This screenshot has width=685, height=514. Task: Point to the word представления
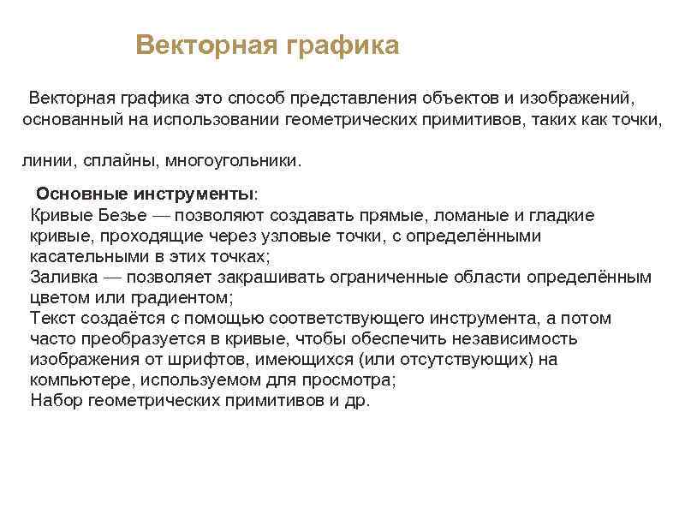pyautogui.click(x=366, y=98)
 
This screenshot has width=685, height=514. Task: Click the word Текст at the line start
pyautogui.click(x=53, y=319)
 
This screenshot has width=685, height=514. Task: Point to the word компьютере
pyautogui.click(x=80, y=380)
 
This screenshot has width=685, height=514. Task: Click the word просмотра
pyautogui.click(x=350, y=380)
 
